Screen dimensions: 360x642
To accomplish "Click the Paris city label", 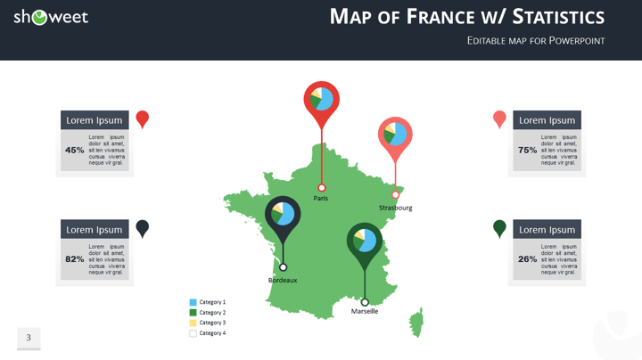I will click(320, 198).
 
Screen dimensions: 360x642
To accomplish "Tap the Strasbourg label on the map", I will click(395, 208).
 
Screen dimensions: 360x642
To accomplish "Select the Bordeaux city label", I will click(283, 280).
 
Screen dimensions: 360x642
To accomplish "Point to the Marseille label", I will click(364, 311).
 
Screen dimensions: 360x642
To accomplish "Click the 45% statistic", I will click(75, 150).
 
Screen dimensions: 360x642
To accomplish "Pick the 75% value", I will click(528, 150).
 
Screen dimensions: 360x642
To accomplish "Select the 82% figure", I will click(75, 259).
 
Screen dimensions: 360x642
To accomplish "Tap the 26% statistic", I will click(528, 259).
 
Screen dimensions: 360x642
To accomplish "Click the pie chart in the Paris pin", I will click(322, 98).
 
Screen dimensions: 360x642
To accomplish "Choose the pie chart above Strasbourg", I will click(395, 135).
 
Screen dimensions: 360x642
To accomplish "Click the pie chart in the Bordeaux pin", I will click(283, 214).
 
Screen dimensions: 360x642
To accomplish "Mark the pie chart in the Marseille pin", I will click(365, 241).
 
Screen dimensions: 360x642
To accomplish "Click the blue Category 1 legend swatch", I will click(193, 302).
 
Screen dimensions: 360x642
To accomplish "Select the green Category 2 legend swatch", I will click(193, 313).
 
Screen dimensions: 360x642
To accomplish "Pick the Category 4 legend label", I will click(212, 333).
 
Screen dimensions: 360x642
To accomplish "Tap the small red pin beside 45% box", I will click(142, 118).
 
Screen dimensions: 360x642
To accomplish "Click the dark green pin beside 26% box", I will click(499, 228).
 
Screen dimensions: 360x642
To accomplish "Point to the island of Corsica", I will click(416, 321).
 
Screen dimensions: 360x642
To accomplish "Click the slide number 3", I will click(29, 337).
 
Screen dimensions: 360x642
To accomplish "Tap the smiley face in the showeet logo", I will click(39, 17).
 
